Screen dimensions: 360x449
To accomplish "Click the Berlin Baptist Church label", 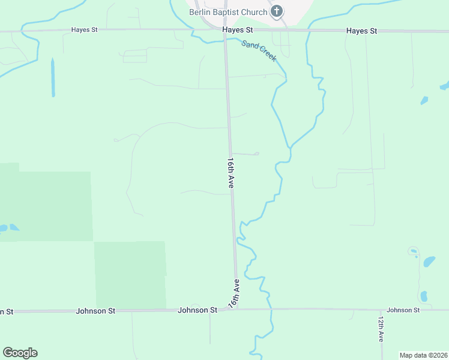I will (228, 12).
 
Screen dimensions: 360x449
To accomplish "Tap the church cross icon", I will (277, 11).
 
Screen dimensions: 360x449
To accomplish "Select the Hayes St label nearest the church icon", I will (237, 29).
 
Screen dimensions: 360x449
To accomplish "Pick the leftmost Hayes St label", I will (84, 29).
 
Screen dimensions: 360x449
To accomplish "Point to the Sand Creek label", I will (259, 50).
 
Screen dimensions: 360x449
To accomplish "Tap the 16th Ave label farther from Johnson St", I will (231, 174).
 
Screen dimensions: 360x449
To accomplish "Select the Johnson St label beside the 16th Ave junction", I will (197, 310).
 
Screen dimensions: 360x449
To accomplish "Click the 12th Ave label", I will (381, 329).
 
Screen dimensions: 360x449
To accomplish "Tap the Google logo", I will (20, 353).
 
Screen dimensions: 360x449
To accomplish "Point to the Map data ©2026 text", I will (423, 355).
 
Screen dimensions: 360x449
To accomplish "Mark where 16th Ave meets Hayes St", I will (225, 31).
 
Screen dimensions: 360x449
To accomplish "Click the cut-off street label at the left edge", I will (6, 311).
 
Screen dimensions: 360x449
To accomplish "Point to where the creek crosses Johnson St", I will (270, 310).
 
